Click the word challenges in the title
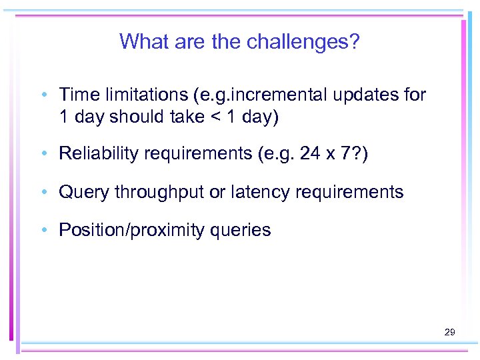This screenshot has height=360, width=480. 303,42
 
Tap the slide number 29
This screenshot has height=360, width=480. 449,331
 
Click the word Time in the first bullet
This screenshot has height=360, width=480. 78,95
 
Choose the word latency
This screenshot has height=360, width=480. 257,193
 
